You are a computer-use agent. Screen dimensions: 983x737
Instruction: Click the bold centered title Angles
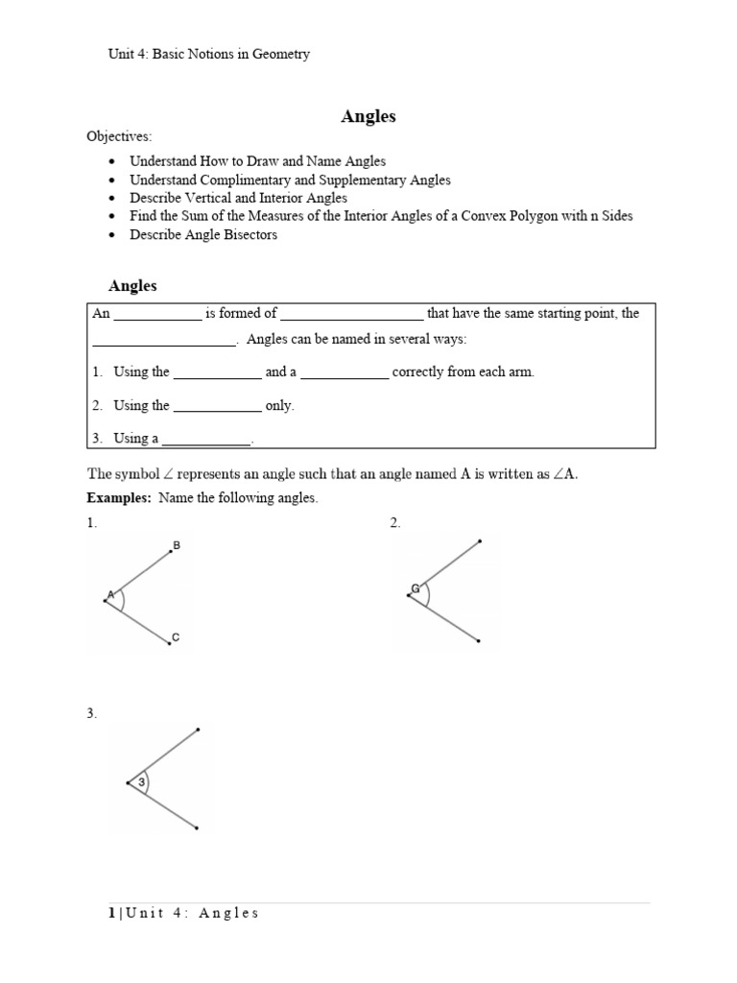(368, 117)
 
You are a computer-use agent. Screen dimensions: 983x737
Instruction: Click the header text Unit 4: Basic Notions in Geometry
(208, 55)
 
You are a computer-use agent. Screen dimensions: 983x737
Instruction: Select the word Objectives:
(119, 137)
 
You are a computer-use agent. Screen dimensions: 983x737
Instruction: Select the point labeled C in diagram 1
(169, 643)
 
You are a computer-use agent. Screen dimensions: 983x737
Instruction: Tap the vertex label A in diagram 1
(110, 595)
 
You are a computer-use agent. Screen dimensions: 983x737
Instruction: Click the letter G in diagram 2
(415, 587)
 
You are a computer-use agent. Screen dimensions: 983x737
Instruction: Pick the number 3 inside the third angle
(141, 783)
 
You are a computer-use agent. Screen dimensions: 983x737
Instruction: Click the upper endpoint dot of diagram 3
(198, 731)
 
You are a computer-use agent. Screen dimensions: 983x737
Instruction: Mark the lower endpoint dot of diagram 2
(479, 640)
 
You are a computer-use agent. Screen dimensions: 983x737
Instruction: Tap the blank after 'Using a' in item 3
(206, 439)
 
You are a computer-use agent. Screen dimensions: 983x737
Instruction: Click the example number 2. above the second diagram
(395, 523)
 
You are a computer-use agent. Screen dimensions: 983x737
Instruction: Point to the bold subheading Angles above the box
(132, 286)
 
